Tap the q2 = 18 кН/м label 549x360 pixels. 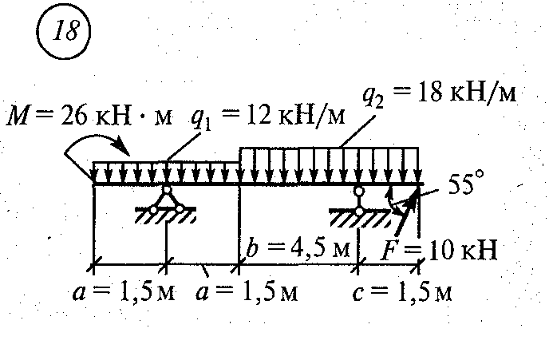pos(439,94)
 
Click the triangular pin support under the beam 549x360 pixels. pos(167,200)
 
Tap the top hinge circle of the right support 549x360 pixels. pos(360,192)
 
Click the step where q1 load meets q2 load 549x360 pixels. pos(240,156)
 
